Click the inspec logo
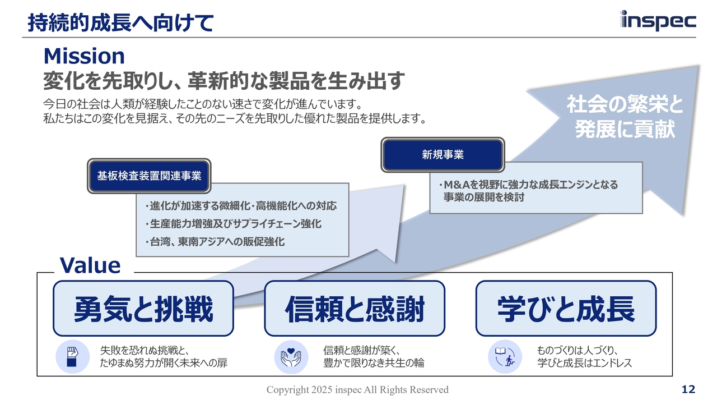[x=658, y=21]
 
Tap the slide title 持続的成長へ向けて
[x=120, y=23]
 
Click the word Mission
[x=84, y=56]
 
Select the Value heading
[x=90, y=265]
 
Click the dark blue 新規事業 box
[x=443, y=155]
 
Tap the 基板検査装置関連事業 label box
[x=149, y=176]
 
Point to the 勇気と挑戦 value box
[x=143, y=309]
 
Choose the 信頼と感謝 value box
[x=355, y=309]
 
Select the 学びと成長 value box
[x=566, y=309]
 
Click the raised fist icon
[x=73, y=356]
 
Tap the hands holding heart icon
[x=291, y=357]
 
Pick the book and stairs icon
[x=505, y=356]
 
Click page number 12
[x=688, y=389]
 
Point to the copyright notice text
[x=357, y=389]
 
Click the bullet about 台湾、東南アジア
[x=215, y=242]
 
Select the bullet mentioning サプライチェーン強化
[x=234, y=224]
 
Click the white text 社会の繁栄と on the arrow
[x=625, y=104]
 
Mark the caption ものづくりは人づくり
[x=578, y=350]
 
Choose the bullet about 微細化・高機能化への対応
[x=241, y=206]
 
